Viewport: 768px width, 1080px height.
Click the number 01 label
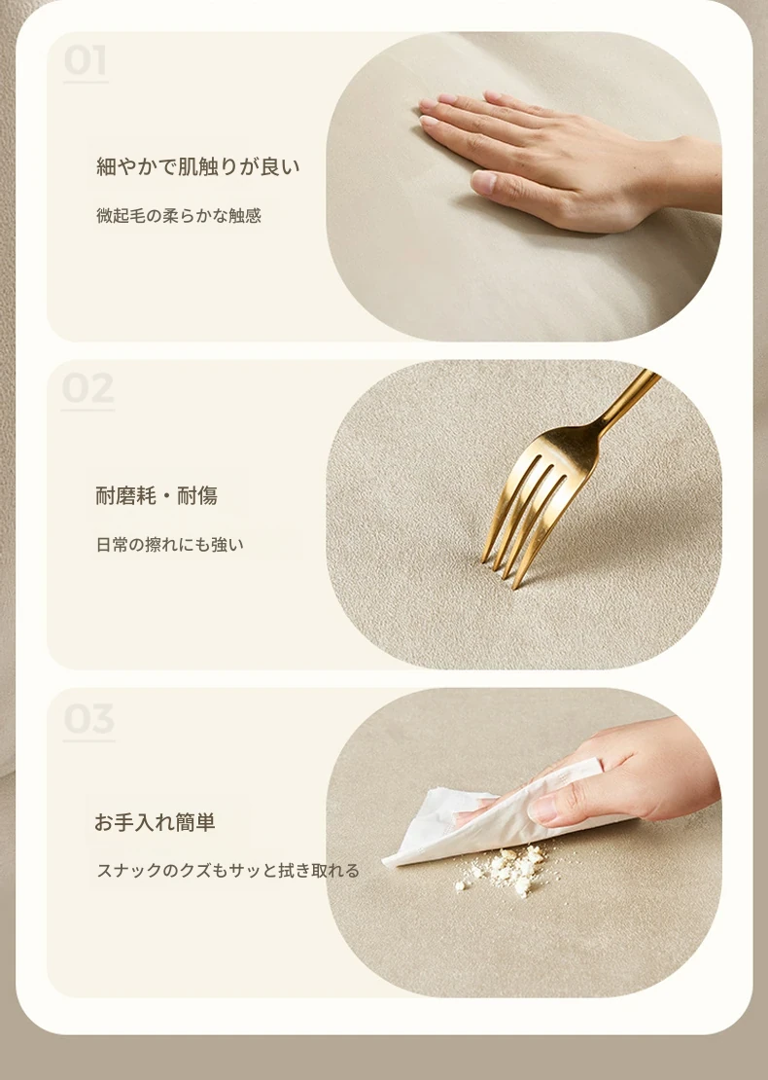86,60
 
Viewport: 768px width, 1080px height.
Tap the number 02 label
87,388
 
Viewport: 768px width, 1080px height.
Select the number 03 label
88,719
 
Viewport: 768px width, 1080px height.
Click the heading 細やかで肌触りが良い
198,166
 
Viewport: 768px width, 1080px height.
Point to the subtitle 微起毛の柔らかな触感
179,216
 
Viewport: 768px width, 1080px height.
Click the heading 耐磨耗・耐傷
157,495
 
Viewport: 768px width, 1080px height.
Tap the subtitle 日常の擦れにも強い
170,545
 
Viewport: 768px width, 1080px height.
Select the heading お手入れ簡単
155,822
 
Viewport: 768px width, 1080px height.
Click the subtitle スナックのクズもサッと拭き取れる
227,871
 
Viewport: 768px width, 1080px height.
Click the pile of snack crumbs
505,870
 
